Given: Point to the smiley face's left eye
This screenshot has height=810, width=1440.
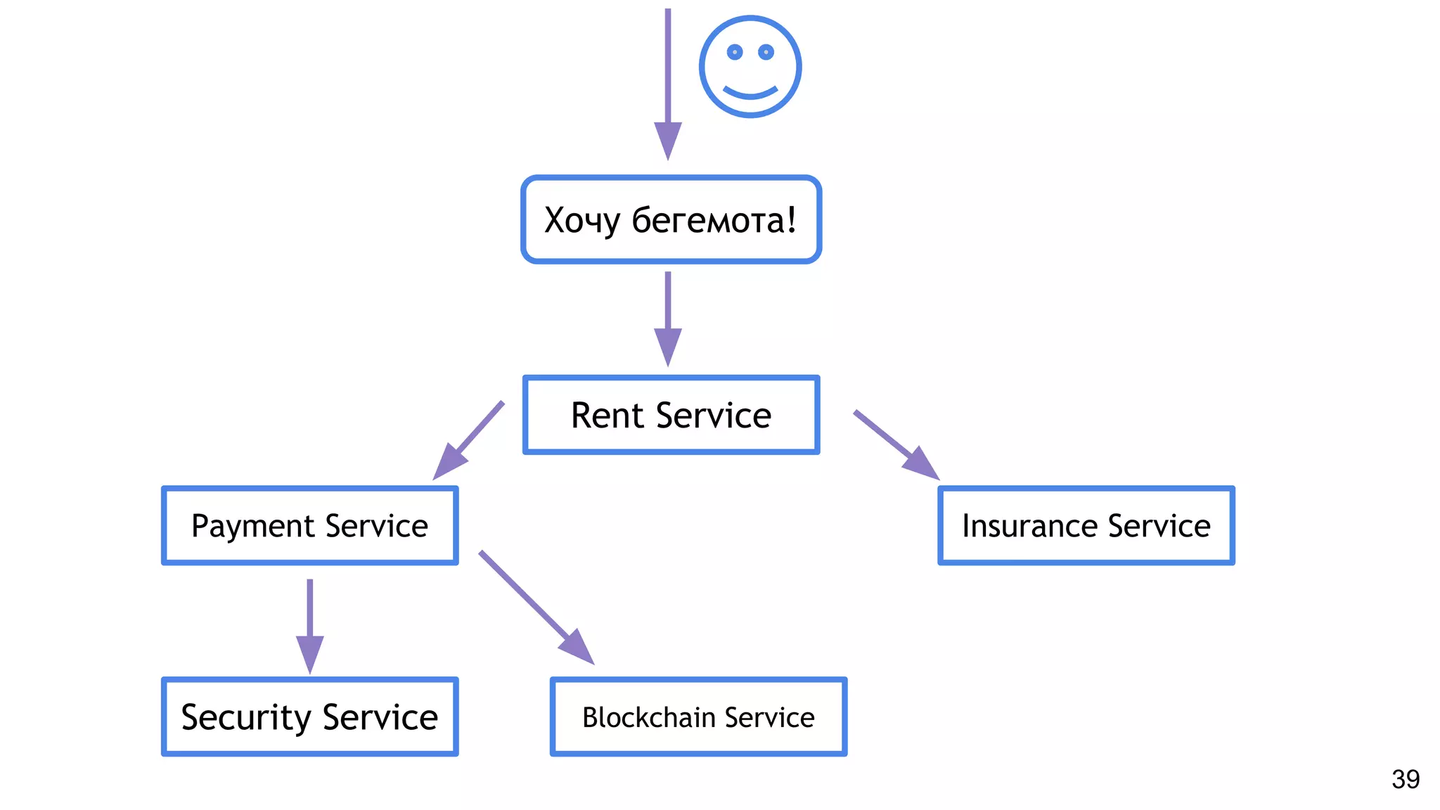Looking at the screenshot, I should pyautogui.click(x=735, y=52).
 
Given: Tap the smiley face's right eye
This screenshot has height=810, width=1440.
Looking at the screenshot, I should pyautogui.click(x=766, y=52).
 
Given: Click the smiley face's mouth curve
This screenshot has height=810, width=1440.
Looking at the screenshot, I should pyautogui.click(x=750, y=93).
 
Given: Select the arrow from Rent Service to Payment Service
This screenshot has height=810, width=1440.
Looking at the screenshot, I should pyautogui.click(x=470, y=439).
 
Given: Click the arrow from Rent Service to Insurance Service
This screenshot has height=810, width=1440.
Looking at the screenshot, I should pyautogui.click(x=894, y=444).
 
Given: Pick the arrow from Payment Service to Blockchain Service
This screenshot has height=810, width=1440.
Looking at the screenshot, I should pyautogui.click(x=534, y=605).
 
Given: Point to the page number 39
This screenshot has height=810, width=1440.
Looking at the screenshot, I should pyautogui.click(x=1405, y=779).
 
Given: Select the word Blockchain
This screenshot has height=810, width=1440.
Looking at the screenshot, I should pyautogui.click(x=648, y=717).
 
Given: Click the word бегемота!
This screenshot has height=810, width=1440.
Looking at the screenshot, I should pyautogui.click(x=714, y=220).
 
